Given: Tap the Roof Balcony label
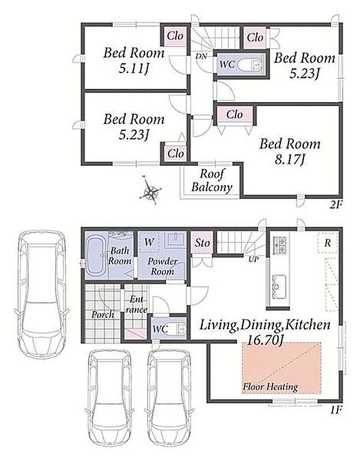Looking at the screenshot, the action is [211, 180].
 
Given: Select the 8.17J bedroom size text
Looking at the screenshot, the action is [290, 160].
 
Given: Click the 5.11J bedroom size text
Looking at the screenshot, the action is [134, 68].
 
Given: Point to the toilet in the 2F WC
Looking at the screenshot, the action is [249, 65].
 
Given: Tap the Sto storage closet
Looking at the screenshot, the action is [202, 242].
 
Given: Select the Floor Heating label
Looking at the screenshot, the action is [270, 387].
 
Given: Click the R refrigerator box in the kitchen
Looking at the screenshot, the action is [327, 243].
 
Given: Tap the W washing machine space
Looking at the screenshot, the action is [149, 242].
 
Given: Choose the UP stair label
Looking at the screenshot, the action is [253, 260].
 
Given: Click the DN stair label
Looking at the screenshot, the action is [201, 56].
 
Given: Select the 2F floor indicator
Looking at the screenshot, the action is [336, 205].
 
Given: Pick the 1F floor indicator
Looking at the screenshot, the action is [336, 409].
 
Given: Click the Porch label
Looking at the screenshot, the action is [103, 315].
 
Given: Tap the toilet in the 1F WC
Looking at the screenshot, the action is [179, 328].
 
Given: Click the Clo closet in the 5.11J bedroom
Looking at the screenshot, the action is [175, 36].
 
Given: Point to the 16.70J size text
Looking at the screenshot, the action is [265, 340].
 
